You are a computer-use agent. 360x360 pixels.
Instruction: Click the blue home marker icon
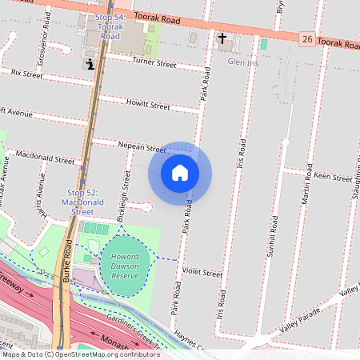(x=180, y=173)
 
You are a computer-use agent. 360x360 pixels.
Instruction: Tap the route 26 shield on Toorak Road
(x=306, y=38)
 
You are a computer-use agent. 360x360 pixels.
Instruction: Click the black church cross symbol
(x=222, y=38)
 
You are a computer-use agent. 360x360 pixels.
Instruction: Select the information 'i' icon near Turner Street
(x=90, y=63)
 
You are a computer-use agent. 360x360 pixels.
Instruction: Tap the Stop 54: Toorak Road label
(x=109, y=26)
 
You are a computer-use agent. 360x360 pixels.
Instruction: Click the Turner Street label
(x=154, y=61)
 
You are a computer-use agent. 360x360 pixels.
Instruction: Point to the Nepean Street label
(x=141, y=148)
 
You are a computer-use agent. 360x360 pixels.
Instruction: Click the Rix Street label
(x=26, y=74)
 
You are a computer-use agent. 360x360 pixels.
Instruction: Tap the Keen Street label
(x=327, y=175)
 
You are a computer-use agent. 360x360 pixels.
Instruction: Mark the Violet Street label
(x=202, y=273)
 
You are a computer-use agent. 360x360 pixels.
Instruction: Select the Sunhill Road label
(x=273, y=235)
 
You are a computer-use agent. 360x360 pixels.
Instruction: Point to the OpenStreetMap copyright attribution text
(x=80, y=354)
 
